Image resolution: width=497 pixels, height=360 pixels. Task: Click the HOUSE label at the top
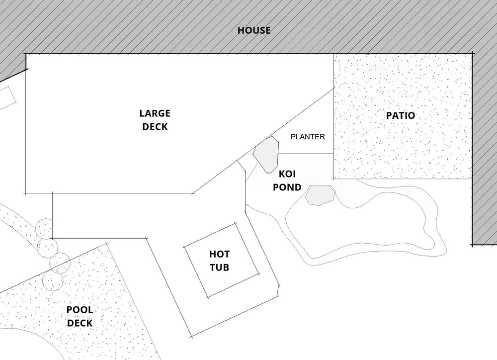click(254, 30)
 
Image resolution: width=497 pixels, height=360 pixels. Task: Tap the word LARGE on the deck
click(155, 113)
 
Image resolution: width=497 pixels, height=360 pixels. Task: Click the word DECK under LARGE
click(155, 126)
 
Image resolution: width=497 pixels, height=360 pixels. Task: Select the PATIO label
click(401, 115)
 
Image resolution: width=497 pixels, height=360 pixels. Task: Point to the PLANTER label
click(308, 136)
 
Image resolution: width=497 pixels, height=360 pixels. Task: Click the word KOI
click(287, 175)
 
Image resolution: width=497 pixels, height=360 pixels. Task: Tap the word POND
click(287, 187)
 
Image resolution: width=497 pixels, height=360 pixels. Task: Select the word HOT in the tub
click(219, 255)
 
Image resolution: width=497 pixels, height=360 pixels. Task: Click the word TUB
click(219, 268)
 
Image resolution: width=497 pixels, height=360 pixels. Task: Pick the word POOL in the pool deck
click(80, 310)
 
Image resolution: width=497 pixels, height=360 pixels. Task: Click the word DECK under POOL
click(80, 323)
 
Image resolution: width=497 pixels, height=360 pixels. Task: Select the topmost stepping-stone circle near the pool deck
click(44, 228)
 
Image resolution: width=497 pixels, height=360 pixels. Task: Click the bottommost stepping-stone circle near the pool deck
click(53, 280)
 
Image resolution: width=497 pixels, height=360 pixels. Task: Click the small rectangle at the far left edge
click(6, 97)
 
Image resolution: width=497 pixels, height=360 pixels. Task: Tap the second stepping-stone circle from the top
click(47, 246)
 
